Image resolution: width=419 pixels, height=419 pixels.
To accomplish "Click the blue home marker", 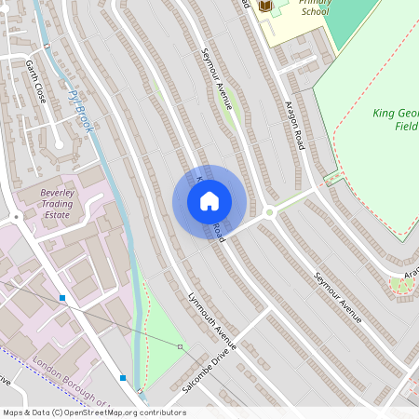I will tap(209, 200).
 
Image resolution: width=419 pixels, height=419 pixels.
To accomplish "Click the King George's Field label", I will tap(395, 119).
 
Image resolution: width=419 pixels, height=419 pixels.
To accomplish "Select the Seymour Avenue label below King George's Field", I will tap(336, 298).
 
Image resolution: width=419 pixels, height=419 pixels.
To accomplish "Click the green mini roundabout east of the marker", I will tap(270, 212).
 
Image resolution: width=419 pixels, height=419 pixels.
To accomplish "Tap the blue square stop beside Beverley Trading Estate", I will tap(61, 298).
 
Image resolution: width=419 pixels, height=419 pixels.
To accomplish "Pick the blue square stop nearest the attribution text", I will tap(123, 378).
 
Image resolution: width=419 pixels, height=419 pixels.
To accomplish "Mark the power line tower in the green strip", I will tap(181, 346).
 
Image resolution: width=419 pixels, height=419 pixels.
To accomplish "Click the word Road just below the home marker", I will tap(217, 230).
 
